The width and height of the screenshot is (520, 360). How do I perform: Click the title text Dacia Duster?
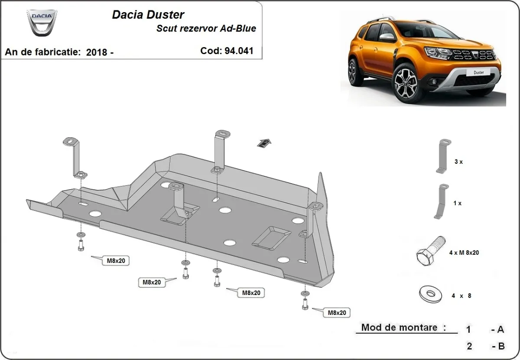(x=148, y=15)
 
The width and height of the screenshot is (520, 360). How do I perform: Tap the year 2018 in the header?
(x=97, y=52)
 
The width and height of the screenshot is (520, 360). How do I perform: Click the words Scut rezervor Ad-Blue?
(x=206, y=29)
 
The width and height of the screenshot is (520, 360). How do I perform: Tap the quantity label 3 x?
(x=458, y=162)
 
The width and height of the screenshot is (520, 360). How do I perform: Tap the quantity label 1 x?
(x=457, y=203)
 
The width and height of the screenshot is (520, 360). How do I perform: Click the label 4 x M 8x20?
(x=465, y=253)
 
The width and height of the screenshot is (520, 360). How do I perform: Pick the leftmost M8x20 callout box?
(x=115, y=260)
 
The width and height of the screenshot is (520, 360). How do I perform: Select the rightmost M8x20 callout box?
(x=337, y=312)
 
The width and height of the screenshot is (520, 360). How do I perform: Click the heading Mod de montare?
(x=403, y=328)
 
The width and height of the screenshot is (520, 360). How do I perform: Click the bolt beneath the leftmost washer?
(x=81, y=246)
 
